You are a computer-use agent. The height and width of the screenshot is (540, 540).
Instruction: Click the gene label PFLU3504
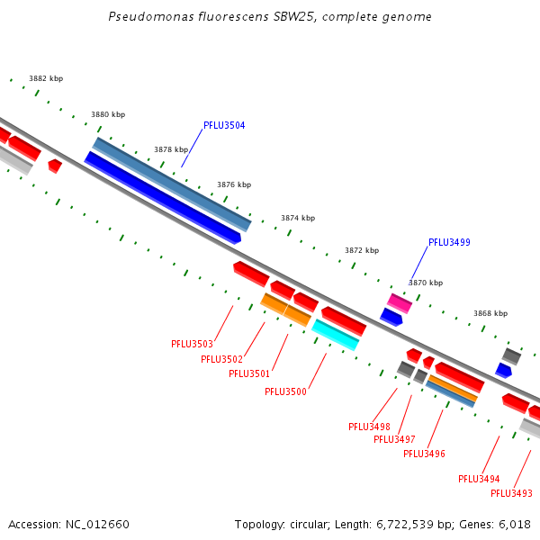(x=224, y=125)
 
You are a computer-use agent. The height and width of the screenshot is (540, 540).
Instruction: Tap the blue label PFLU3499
(x=449, y=242)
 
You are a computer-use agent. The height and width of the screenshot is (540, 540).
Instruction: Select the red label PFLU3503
(x=193, y=344)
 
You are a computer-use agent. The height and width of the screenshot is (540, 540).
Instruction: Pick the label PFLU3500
(x=285, y=391)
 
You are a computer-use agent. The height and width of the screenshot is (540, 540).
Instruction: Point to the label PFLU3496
(x=424, y=454)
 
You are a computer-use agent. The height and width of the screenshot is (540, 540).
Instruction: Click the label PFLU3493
(x=511, y=493)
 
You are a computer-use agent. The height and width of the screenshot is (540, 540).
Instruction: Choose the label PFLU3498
(x=369, y=427)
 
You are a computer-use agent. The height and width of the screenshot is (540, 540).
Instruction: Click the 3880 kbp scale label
(x=108, y=114)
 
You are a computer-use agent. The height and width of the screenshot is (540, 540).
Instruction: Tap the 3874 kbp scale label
(x=298, y=218)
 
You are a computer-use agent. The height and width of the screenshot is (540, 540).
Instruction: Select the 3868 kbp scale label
(x=490, y=313)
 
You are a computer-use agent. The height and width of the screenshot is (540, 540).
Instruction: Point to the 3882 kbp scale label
(x=46, y=78)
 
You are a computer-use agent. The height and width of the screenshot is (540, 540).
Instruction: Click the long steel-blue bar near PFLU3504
(x=172, y=184)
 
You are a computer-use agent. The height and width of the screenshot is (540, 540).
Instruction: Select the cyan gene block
(x=335, y=335)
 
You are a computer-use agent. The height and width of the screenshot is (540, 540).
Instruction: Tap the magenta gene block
(x=400, y=303)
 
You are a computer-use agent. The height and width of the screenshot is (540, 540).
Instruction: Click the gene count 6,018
(x=515, y=525)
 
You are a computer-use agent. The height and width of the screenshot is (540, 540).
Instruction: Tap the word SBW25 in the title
(x=295, y=16)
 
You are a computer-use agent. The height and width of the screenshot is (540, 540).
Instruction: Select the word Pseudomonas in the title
(x=151, y=16)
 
